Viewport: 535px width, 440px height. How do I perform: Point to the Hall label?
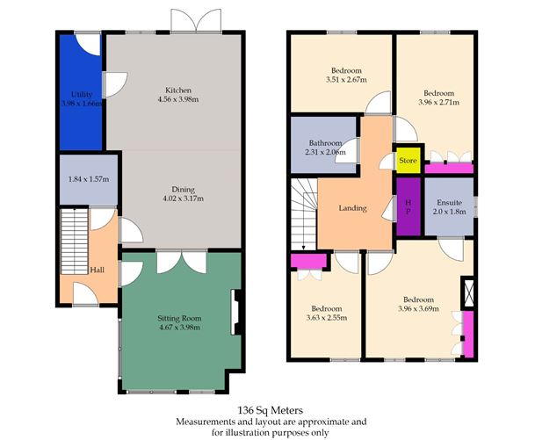98,270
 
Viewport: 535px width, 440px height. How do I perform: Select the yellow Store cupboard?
406,160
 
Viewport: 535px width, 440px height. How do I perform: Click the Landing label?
351,209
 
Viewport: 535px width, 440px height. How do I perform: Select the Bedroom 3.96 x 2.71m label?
438,92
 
